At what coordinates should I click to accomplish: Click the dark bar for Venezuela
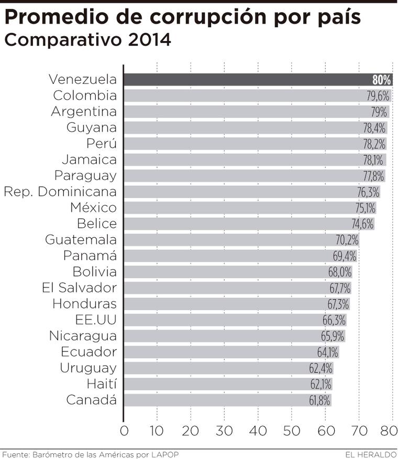[x=246, y=80]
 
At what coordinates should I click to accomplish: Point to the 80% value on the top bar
[x=382, y=80]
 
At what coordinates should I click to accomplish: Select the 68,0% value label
[x=340, y=272]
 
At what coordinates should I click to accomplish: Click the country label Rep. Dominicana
[x=60, y=191]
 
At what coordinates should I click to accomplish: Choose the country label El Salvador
[x=79, y=288]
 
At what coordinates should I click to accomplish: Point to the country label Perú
[x=101, y=144]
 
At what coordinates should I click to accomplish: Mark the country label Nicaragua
[x=83, y=336]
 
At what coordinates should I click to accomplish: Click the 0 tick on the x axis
[x=124, y=432]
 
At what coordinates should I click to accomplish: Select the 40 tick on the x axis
[x=258, y=432]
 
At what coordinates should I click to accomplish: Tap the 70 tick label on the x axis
[x=359, y=432]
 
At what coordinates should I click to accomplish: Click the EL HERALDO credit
[x=371, y=454]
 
